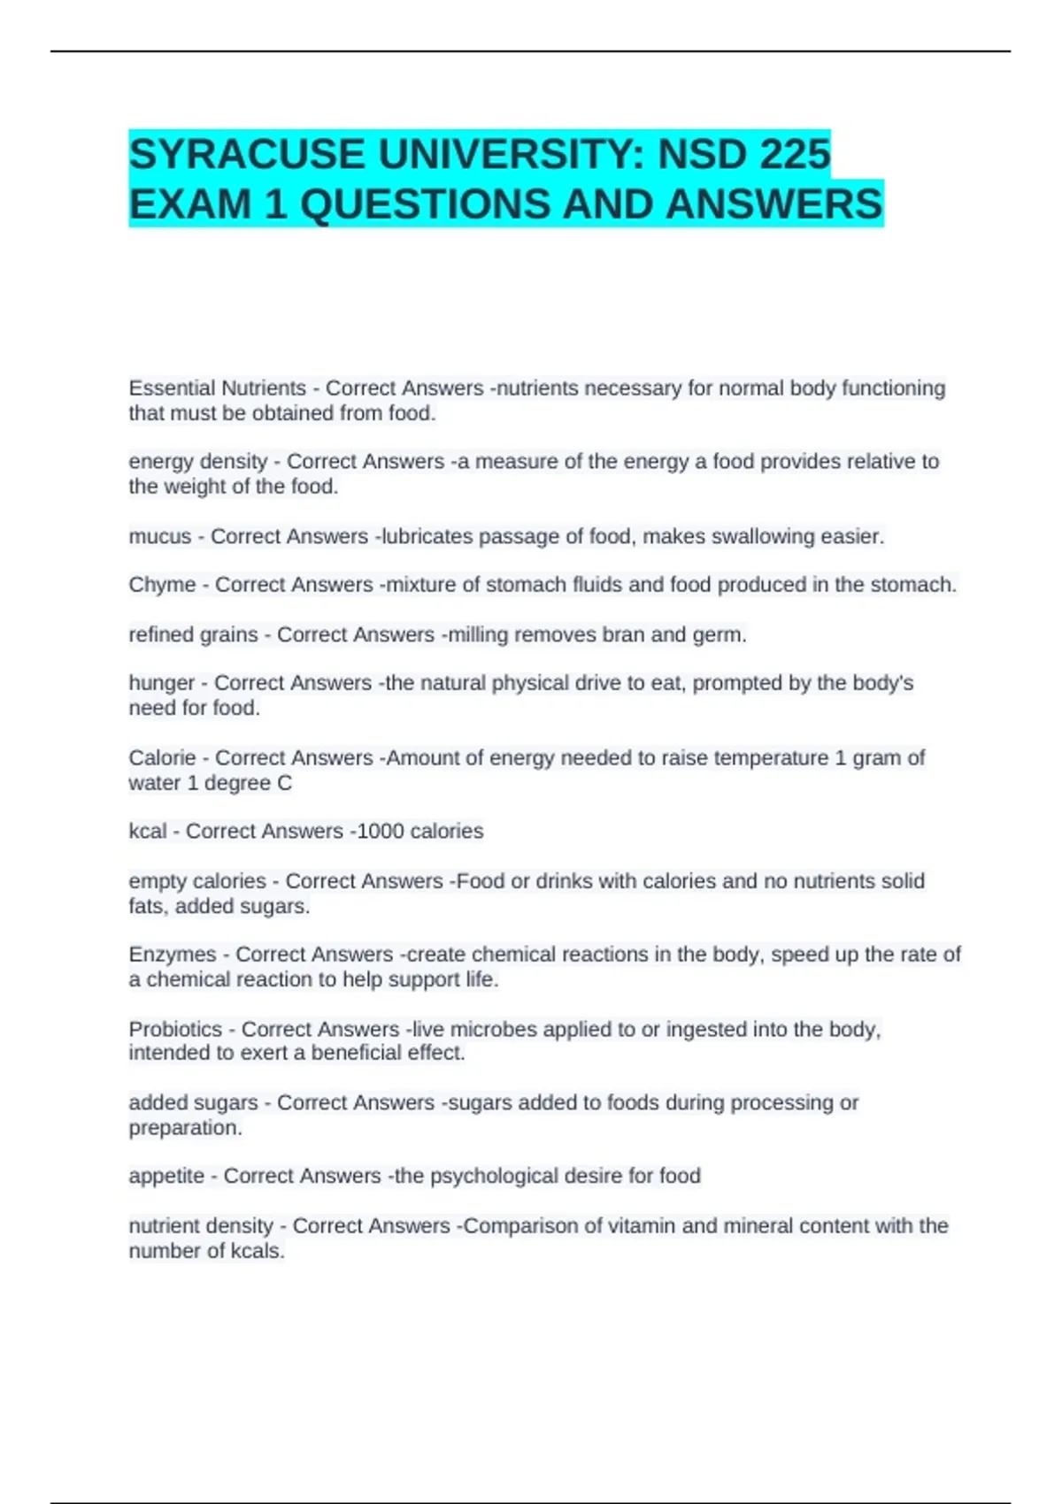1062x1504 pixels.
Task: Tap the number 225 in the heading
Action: pos(794,155)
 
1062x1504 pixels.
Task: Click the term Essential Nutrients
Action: pos(217,388)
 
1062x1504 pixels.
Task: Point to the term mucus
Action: pos(160,536)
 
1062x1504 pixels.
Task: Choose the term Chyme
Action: pos(162,585)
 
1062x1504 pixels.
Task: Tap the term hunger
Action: pos(162,683)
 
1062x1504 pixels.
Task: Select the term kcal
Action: pos(147,832)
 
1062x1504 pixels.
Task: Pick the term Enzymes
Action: pos(173,955)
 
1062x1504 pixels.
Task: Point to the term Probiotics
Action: pos(175,1029)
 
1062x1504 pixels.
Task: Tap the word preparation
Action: pos(184,1128)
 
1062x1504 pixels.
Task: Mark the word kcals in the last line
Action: pos(257,1251)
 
